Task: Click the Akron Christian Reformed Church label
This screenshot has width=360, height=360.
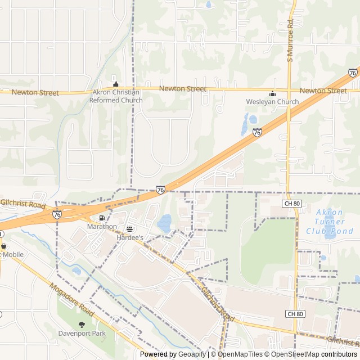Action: tap(116, 96)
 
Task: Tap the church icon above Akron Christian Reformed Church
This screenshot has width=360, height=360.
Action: tap(116, 84)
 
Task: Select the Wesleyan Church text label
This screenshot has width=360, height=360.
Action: tap(272, 102)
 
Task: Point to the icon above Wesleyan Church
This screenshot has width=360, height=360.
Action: tap(272, 93)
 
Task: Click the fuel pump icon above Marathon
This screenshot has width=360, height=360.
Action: tap(102, 218)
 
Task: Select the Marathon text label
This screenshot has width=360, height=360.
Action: tap(102, 227)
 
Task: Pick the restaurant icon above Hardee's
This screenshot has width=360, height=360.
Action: tap(130, 229)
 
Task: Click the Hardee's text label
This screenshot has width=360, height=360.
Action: tap(130, 238)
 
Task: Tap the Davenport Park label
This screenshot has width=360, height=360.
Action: tap(82, 333)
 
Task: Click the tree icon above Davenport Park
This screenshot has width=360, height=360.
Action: tap(82, 324)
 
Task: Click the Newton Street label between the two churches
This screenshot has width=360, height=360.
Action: tap(182, 89)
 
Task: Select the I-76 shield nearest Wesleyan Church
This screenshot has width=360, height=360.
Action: tap(257, 133)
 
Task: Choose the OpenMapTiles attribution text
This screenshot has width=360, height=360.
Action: tap(239, 354)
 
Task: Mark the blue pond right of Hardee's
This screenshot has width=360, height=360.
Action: tap(165, 223)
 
